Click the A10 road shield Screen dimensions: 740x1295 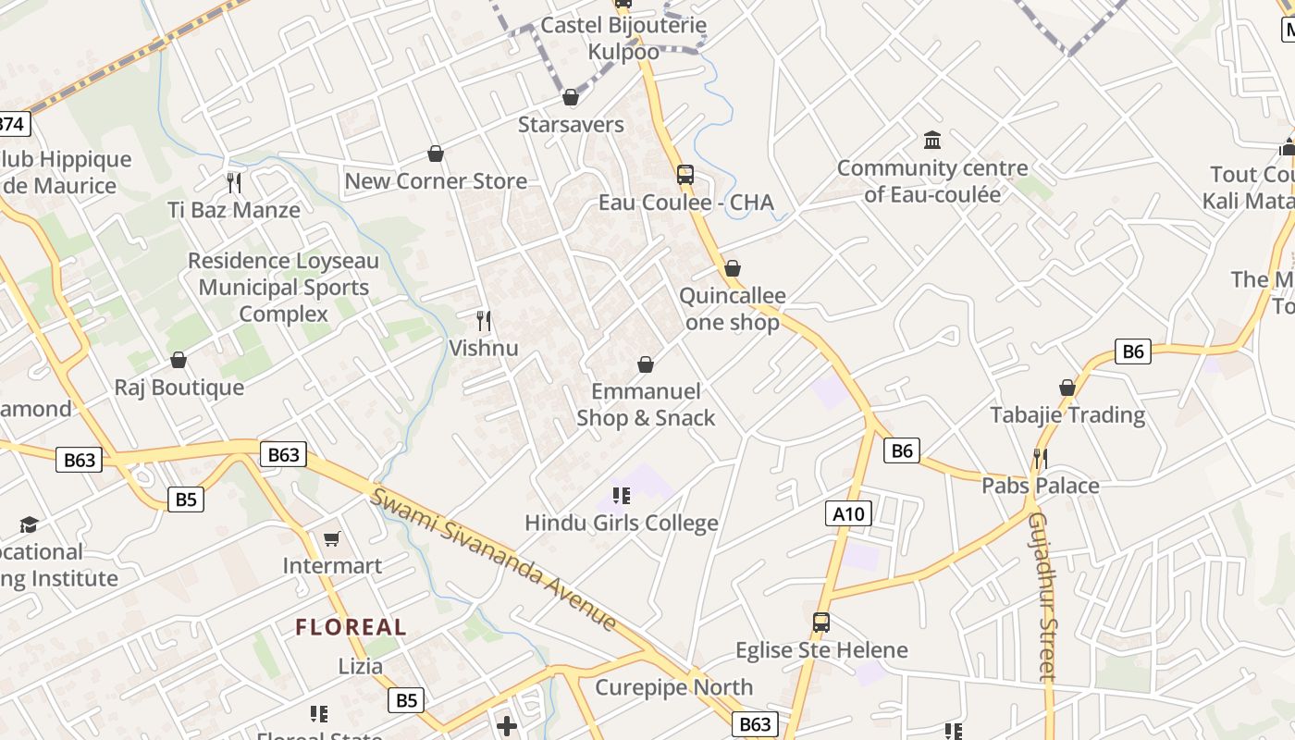(848, 513)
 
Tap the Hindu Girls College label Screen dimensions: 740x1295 (621, 523)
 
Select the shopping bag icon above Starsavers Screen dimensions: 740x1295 (571, 97)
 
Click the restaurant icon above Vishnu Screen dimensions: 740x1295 (483, 321)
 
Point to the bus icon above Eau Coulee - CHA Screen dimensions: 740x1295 (684, 174)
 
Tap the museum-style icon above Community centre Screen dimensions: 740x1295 (932, 141)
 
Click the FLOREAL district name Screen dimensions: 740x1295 (351, 627)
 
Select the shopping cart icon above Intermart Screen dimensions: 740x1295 (331, 538)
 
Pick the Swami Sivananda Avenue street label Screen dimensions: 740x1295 (494, 560)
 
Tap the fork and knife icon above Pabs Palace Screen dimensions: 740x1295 (1041, 458)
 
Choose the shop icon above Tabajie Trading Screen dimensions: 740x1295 (1067, 388)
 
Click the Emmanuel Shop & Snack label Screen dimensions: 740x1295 (646, 404)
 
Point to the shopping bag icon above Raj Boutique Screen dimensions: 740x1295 (179, 360)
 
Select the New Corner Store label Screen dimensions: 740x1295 (436, 180)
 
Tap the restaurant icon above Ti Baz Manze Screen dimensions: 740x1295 (234, 182)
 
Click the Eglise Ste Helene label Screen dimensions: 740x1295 (821, 650)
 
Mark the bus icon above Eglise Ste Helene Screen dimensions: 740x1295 (820, 622)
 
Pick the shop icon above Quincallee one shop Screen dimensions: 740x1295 (733, 269)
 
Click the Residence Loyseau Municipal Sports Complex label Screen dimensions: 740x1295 (284, 288)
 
